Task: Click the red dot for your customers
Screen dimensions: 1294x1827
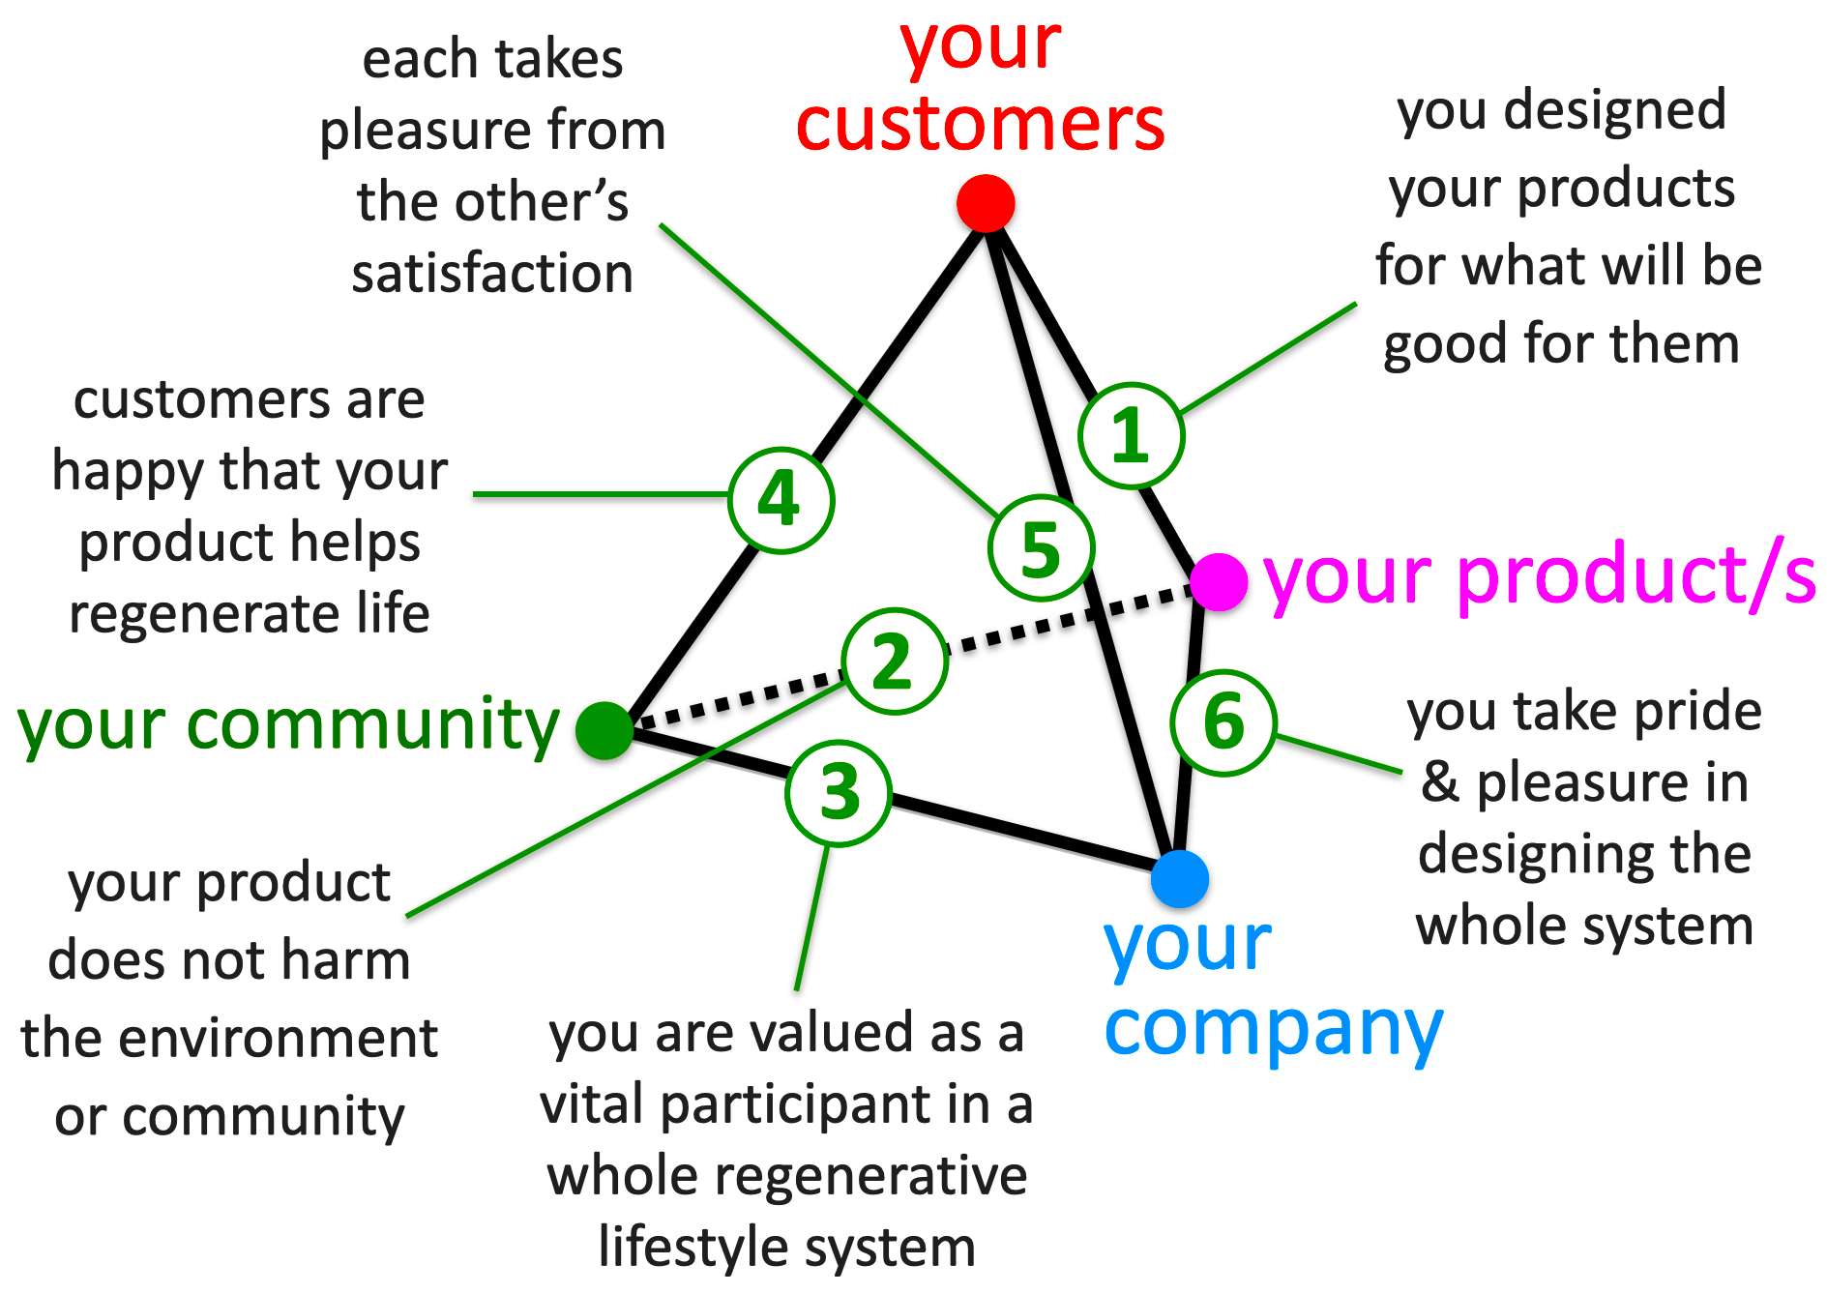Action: (986, 204)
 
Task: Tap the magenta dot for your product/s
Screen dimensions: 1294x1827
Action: (1219, 582)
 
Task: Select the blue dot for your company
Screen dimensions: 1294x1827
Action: (1180, 879)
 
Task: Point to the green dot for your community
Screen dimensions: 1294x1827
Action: (604, 730)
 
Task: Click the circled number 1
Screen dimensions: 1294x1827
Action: (1131, 435)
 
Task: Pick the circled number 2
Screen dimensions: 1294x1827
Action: (894, 662)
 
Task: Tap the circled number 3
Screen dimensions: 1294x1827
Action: (839, 793)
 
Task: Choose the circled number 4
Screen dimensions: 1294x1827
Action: (781, 500)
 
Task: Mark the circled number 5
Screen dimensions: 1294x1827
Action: (1042, 548)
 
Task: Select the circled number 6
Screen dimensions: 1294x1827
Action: (1223, 722)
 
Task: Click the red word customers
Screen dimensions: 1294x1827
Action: (981, 125)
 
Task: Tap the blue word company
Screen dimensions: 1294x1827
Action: (1274, 1030)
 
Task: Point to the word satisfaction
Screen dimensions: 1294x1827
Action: (492, 273)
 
